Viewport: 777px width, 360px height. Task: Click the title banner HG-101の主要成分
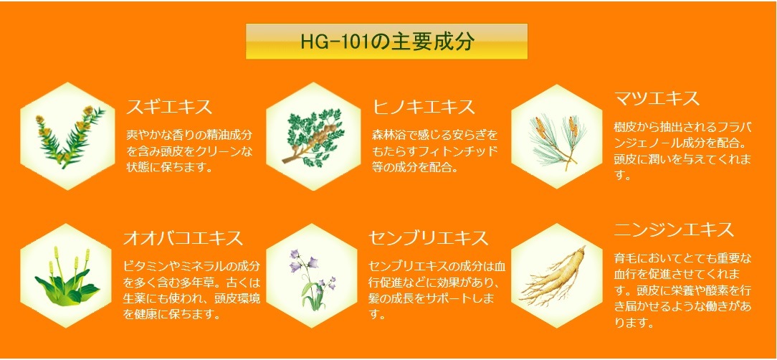point(386,42)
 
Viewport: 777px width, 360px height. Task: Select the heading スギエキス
point(169,108)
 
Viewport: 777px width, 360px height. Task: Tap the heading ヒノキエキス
point(424,108)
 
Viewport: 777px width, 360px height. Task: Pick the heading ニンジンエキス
point(674,229)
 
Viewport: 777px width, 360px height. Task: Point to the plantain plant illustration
point(68,277)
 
